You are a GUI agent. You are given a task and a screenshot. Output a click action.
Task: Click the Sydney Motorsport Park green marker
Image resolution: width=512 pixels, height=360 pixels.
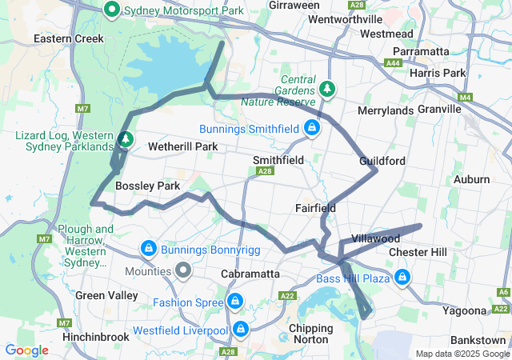(x=113, y=10)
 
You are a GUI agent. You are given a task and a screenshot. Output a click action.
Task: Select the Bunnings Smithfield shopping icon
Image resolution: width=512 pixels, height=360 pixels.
(x=311, y=127)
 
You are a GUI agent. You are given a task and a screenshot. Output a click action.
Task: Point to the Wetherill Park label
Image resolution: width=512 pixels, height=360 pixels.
(x=183, y=147)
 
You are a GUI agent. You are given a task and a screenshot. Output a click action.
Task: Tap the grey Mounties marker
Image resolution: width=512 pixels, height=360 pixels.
(x=183, y=270)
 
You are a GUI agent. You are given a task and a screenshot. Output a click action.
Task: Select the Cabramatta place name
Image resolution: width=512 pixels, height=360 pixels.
(x=250, y=274)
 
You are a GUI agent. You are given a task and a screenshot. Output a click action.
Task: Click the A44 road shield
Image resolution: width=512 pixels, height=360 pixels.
(x=393, y=63)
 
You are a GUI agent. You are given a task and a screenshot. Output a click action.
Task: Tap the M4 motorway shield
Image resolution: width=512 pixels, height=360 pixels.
(x=466, y=98)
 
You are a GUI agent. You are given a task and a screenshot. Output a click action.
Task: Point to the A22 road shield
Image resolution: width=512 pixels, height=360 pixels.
(x=287, y=296)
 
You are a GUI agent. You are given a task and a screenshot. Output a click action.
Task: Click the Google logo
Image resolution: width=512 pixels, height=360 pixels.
(x=26, y=350)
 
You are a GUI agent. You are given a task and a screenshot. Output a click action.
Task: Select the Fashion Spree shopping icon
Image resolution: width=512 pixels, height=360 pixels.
(x=234, y=301)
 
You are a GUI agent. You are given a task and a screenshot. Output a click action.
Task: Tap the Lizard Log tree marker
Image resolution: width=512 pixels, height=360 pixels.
(x=125, y=139)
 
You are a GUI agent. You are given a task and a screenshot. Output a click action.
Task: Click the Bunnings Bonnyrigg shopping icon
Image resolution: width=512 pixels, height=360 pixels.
(x=148, y=250)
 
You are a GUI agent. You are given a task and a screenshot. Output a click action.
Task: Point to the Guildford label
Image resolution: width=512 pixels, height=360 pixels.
(x=382, y=161)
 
